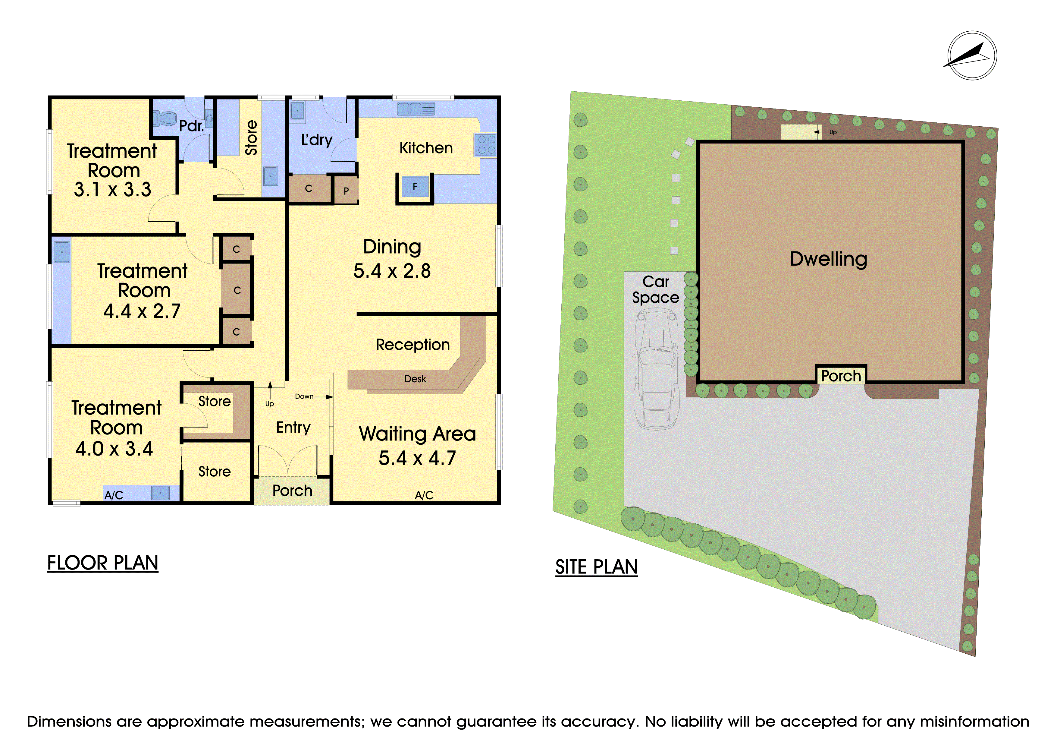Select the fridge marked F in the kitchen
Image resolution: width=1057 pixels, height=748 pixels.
tap(415, 187)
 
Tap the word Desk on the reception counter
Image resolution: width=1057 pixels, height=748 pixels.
tap(415, 379)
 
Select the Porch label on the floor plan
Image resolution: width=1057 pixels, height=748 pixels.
tap(292, 491)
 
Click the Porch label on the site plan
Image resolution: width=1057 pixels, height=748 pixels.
tap(841, 376)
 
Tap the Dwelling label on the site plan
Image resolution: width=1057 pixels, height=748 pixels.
tap(829, 259)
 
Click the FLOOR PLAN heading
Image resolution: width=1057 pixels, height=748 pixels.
tap(103, 563)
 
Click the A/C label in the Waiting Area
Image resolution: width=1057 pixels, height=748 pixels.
tap(424, 495)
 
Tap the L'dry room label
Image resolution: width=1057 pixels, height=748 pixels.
tap(317, 140)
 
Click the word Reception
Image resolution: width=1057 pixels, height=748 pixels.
tap(413, 345)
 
